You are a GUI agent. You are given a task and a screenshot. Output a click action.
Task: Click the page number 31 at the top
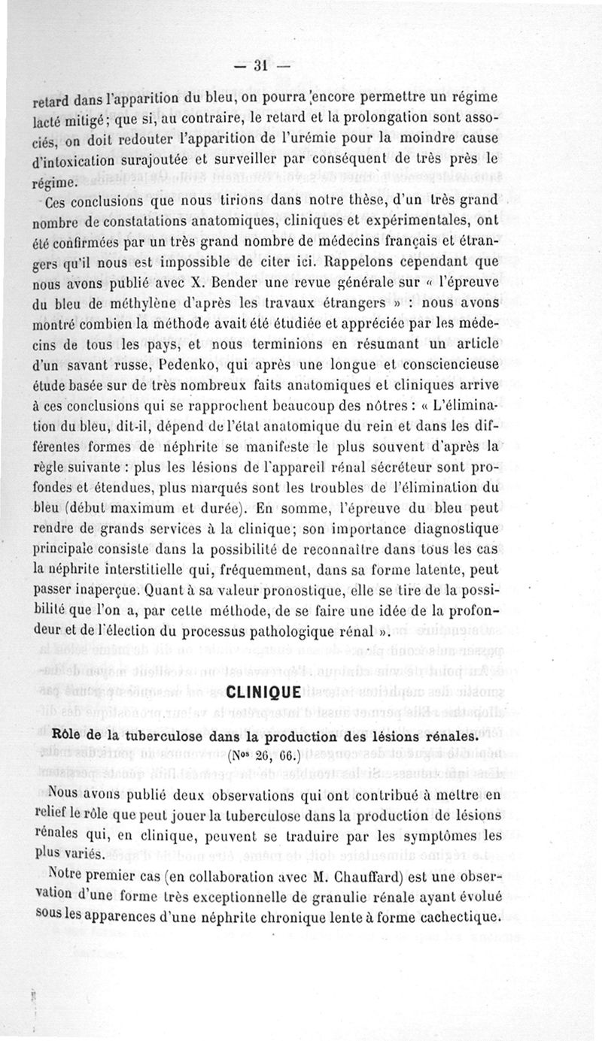point(261,65)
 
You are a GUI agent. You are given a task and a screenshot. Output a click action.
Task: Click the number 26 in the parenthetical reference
point(261,756)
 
